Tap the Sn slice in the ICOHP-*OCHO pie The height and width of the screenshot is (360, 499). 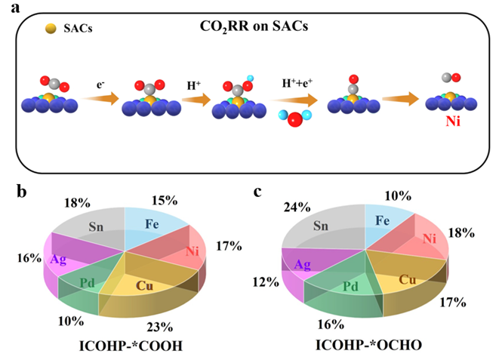[323, 224]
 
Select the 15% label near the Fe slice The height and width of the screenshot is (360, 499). [163, 201]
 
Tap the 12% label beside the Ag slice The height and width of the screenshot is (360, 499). [263, 282]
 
